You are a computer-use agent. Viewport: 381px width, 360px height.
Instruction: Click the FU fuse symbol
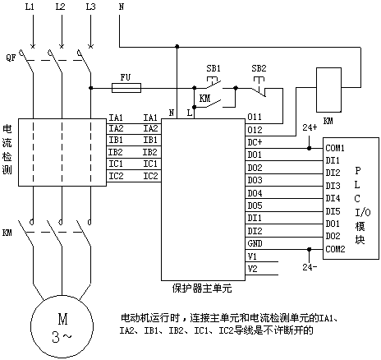[x=126, y=88]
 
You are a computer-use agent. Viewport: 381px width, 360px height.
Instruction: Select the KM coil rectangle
[x=328, y=90]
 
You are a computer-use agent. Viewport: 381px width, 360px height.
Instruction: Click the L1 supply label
[x=30, y=7]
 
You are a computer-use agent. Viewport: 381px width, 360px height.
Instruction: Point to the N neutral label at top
[x=122, y=7]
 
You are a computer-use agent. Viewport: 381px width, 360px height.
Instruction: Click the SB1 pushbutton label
[x=213, y=68]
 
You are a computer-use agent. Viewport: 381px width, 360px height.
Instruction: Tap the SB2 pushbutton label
[x=259, y=68]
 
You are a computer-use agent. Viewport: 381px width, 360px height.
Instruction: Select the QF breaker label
[x=11, y=58]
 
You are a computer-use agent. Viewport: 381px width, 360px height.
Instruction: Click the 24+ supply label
[x=310, y=127]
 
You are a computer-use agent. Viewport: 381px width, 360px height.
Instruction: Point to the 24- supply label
[x=310, y=267]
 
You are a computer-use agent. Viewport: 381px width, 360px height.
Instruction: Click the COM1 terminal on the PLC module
[x=335, y=148]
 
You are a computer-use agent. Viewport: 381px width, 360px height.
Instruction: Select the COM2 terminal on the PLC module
[x=335, y=249]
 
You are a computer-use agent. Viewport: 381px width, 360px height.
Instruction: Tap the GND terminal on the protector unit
[x=255, y=243]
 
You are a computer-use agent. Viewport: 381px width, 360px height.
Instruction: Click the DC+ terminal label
[x=255, y=142]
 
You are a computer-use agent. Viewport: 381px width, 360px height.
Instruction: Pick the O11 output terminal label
[x=255, y=117]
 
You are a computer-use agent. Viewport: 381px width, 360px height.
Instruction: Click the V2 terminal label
[x=252, y=269]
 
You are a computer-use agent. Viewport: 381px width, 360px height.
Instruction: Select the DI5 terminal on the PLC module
[x=333, y=211]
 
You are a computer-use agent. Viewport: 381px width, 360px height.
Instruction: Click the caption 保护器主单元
[x=202, y=288]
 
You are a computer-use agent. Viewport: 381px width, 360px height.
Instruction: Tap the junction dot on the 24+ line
[x=310, y=148]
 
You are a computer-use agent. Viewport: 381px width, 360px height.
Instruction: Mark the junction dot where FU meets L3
[x=90, y=88]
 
